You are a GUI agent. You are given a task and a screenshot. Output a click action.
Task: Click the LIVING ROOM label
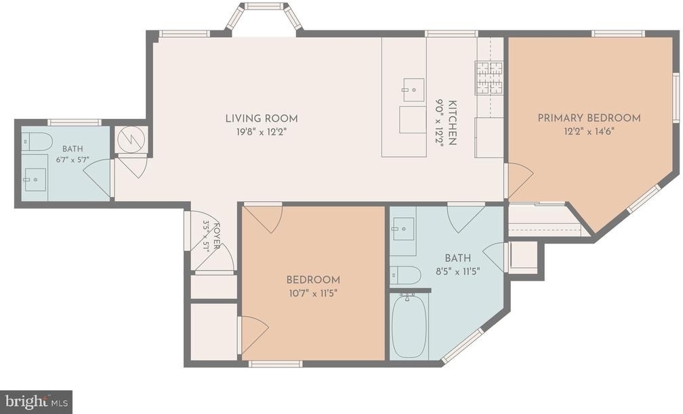tap(262, 118)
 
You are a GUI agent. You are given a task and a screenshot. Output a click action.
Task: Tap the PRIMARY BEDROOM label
tap(589, 118)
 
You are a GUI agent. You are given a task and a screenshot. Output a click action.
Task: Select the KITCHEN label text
tap(453, 122)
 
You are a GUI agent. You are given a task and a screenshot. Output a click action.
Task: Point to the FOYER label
tap(217, 236)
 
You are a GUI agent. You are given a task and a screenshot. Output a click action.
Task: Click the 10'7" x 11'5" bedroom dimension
tap(313, 293)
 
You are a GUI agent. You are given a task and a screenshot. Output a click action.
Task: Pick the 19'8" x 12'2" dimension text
tap(262, 132)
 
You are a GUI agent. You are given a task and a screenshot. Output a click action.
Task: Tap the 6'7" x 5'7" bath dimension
tap(73, 160)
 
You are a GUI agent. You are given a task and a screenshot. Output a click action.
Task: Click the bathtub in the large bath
tap(409, 325)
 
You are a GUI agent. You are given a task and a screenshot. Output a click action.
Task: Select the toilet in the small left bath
tap(37, 142)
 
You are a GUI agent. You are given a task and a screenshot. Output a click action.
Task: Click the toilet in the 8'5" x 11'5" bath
tap(405, 275)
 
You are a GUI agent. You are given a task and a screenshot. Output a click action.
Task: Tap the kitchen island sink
tap(413, 90)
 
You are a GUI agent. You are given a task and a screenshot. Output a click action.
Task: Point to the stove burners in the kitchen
tap(489, 78)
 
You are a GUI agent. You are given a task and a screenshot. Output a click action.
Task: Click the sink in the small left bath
tap(35, 180)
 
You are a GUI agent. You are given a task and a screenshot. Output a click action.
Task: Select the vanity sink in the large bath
tap(403, 229)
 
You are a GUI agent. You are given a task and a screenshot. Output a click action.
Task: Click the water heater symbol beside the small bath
tap(132, 139)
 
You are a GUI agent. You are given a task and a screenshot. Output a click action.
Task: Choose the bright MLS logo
tap(36, 402)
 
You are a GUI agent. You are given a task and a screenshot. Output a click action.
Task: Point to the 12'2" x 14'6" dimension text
tap(589, 131)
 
